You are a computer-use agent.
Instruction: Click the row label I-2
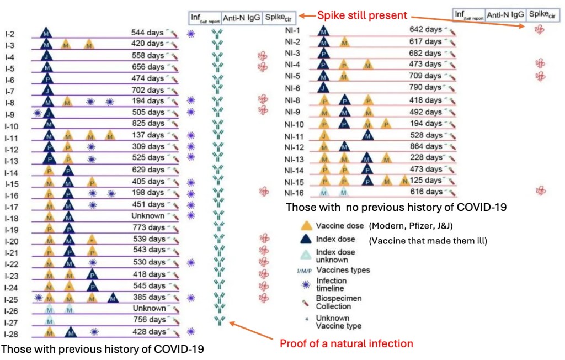[x=11, y=33]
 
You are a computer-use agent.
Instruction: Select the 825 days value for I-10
[x=148, y=123]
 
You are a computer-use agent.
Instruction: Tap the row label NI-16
[x=296, y=192]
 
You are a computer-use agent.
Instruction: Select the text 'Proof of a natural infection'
[x=346, y=343]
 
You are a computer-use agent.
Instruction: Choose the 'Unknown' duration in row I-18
[x=148, y=215]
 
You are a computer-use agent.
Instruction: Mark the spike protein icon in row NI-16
[x=541, y=191]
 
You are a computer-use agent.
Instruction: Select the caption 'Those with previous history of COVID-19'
[x=103, y=349]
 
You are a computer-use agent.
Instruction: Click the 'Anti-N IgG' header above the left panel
[x=242, y=18]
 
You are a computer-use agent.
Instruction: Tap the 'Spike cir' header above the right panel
[x=542, y=13]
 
